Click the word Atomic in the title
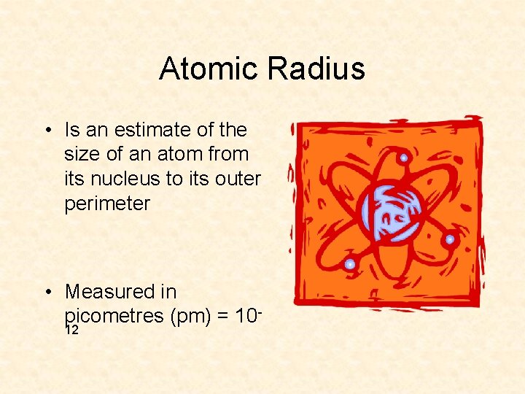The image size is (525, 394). (x=209, y=69)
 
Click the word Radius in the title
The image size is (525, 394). (x=316, y=69)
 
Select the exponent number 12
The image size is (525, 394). (x=71, y=331)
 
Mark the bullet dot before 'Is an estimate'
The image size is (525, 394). (x=47, y=131)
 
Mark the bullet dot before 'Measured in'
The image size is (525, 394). (x=47, y=293)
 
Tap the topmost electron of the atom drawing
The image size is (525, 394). (x=403, y=158)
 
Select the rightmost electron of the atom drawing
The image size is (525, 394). (x=450, y=239)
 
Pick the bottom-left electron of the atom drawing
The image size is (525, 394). (x=350, y=263)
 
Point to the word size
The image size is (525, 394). (x=81, y=155)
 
